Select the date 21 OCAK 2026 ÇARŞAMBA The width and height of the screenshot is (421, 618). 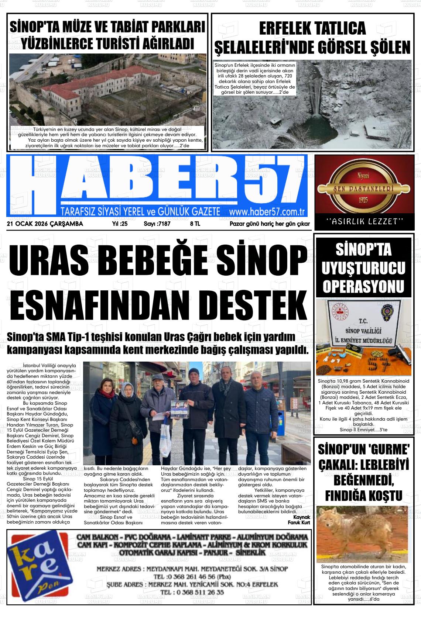tap(45, 224)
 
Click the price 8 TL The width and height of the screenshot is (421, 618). tap(195, 224)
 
